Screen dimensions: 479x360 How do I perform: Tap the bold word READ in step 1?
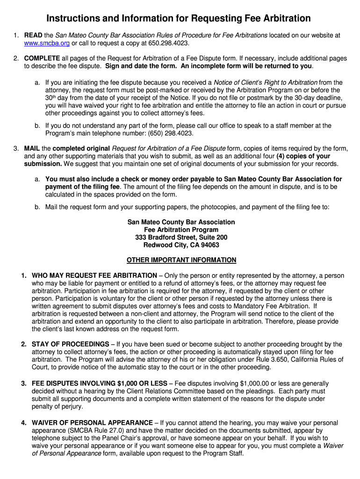click(x=33, y=35)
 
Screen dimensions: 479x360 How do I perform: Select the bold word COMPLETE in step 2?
click(x=42, y=58)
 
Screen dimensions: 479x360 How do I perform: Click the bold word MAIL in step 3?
click(x=33, y=148)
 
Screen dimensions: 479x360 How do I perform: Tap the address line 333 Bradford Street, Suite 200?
click(x=181, y=238)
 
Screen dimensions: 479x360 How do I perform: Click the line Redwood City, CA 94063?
click(x=181, y=245)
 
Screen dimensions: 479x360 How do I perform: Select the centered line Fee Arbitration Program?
click(x=181, y=230)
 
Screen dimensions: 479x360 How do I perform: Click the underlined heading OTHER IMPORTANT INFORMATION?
click(x=181, y=260)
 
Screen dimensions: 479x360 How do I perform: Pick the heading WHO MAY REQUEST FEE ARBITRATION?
click(x=94, y=276)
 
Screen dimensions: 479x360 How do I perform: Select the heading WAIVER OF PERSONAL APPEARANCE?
click(x=92, y=423)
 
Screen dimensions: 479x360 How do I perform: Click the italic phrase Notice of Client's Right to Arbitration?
click(x=266, y=82)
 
